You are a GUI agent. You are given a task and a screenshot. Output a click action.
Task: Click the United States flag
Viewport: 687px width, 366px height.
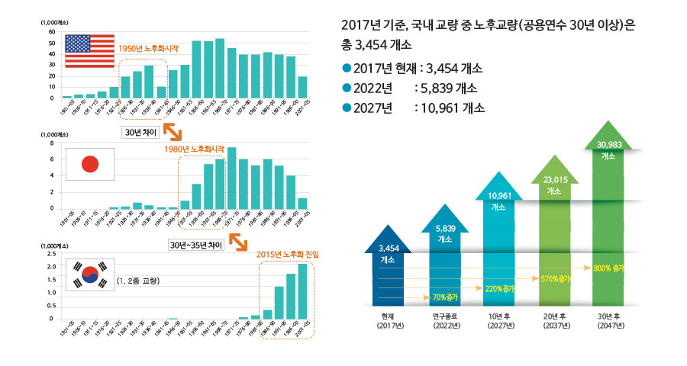click(x=88, y=51)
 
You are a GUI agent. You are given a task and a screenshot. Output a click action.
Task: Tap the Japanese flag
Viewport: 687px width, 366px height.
click(x=90, y=165)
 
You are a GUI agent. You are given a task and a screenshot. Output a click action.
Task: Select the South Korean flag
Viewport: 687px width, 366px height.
click(x=90, y=276)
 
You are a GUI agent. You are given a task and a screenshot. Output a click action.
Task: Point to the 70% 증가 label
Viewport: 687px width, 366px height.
click(x=444, y=295)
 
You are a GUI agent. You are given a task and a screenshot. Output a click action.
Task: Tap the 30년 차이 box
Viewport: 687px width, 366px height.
click(x=142, y=131)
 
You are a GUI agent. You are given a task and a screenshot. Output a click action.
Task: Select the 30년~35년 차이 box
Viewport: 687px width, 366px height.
click(x=196, y=245)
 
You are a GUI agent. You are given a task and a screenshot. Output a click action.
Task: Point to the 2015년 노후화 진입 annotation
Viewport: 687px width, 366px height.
click(x=288, y=253)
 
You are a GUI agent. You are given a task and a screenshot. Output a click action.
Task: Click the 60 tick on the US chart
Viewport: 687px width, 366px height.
click(x=52, y=32)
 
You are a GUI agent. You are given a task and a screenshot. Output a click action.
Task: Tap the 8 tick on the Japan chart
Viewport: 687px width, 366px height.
click(x=52, y=143)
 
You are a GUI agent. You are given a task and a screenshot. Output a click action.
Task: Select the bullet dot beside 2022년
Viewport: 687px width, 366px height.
click(x=348, y=88)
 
